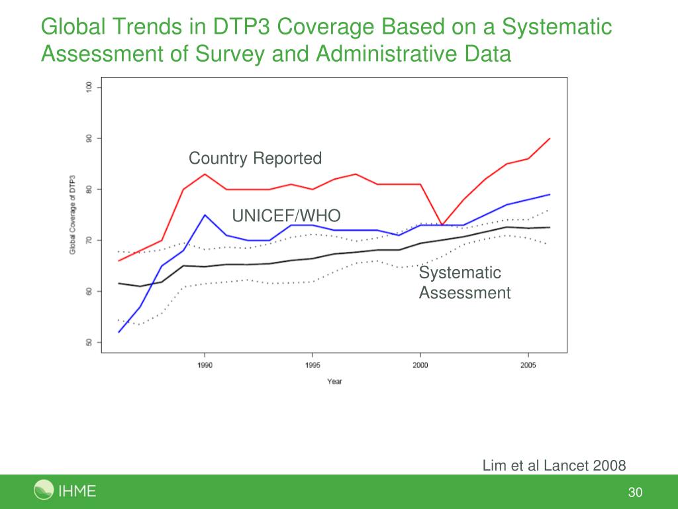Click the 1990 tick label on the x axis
pyautogui.click(x=205, y=365)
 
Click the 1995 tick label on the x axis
pyautogui.click(x=313, y=365)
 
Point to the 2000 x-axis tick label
pyautogui.click(x=420, y=365)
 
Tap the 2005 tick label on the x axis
pyautogui.click(x=528, y=365)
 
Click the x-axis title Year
pyautogui.click(x=334, y=381)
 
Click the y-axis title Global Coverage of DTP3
pyautogui.click(x=72, y=215)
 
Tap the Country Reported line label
pyautogui.click(x=255, y=158)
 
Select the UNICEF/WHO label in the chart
pyautogui.click(x=286, y=215)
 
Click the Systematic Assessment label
pyautogui.click(x=464, y=283)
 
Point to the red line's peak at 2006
pyautogui.click(x=550, y=139)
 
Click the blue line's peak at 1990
pyautogui.click(x=205, y=215)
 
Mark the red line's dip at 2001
pyautogui.click(x=442, y=225)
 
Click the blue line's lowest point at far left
pyautogui.click(x=119, y=332)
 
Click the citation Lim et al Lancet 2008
pyautogui.click(x=554, y=465)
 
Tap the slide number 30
pyautogui.click(x=636, y=492)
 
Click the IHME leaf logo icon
pyautogui.click(x=44, y=491)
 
